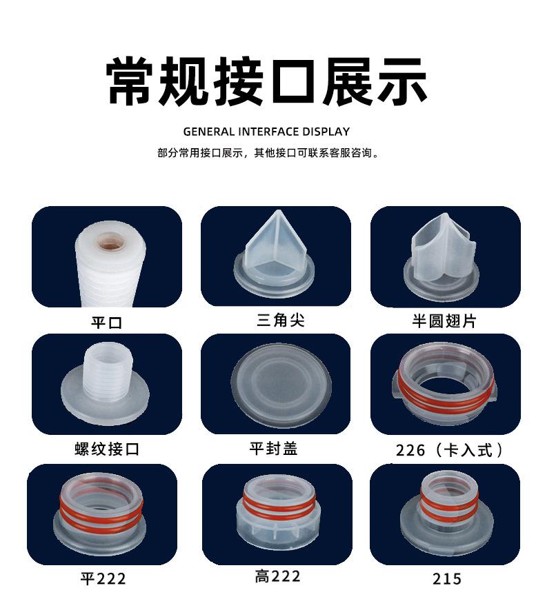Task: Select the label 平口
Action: click(x=106, y=322)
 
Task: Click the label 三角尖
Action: click(x=280, y=320)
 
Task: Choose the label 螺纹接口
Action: click(x=107, y=449)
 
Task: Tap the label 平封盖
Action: click(x=274, y=448)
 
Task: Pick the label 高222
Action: click(x=277, y=576)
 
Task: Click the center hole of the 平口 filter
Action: click(x=108, y=243)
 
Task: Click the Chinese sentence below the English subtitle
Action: click(x=268, y=153)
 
